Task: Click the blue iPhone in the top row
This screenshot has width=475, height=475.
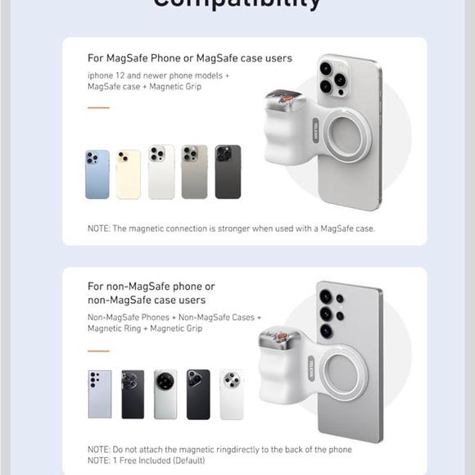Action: [x=97, y=174]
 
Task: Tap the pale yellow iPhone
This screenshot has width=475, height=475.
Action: [x=128, y=174]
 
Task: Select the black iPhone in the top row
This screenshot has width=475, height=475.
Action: [x=228, y=172]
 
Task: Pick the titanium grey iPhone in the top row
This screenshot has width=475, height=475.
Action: [x=194, y=172]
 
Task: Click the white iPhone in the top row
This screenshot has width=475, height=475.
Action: [x=161, y=172]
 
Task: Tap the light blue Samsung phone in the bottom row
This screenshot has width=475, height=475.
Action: [x=100, y=394]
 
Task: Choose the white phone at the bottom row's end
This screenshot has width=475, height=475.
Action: [x=232, y=394]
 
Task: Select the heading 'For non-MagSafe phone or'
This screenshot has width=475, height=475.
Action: [x=152, y=287]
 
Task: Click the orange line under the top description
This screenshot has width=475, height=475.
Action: [x=98, y=107]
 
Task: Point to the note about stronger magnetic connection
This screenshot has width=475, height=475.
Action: [x=230, y=228]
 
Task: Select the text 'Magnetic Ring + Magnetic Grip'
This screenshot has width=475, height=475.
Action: [x=145, y=328]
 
